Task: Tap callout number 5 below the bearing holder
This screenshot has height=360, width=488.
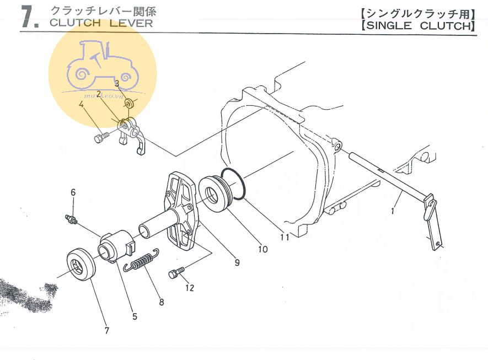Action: point(135,316)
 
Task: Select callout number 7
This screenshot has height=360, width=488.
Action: point(107,330)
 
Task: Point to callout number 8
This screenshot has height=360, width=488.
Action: point(161,302)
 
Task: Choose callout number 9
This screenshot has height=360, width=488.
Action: point(237,262)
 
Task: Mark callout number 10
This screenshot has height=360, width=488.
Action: point(262,249)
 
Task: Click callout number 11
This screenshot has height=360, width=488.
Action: point(285,238)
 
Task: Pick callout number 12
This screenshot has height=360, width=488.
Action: point(190,287)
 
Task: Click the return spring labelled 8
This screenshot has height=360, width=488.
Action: point(141,260)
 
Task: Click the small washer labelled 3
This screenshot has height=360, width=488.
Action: point(129,103)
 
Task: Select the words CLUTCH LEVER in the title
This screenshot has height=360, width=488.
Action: point(101,23)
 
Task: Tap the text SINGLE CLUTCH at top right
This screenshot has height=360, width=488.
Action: point(419,26)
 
